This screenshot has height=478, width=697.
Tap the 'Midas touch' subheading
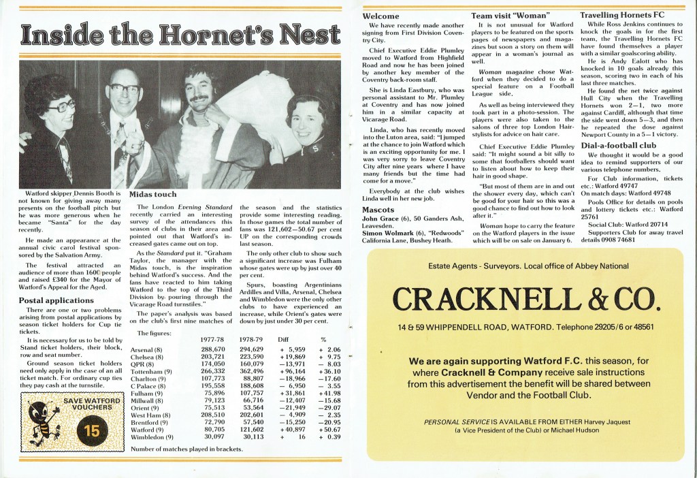pos(157,194)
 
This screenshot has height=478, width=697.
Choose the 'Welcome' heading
pos(383,15)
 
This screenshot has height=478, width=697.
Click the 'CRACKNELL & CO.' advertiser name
pos(524,298)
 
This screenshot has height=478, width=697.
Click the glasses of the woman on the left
pos(62,106)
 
